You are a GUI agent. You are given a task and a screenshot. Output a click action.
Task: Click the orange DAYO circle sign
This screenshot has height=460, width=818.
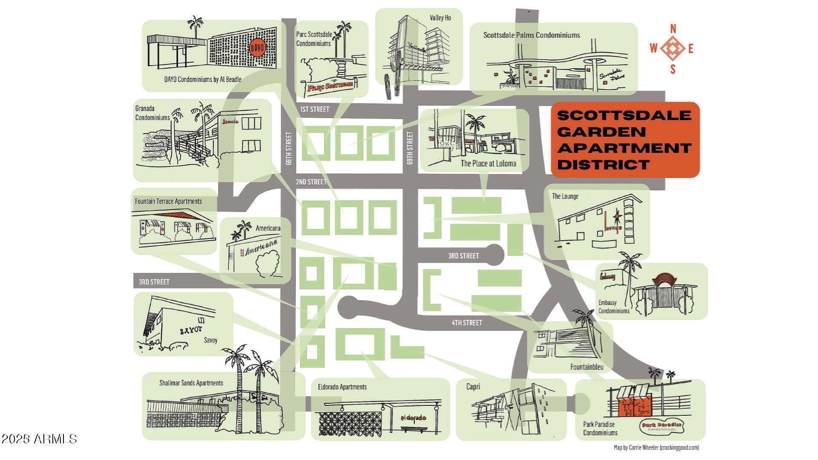[x=257, y=48]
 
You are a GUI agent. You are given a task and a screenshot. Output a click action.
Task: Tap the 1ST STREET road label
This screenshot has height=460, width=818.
[x=314, y=109]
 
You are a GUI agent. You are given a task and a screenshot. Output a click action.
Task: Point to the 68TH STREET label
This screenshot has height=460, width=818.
[x=289, y=148]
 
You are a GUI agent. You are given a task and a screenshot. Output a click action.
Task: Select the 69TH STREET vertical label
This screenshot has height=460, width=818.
[x=410, y=148]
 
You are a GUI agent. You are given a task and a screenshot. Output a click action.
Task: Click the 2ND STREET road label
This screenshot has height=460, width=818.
[x=311, y=182]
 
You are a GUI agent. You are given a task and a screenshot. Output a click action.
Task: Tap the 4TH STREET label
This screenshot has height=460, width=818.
[x=467, y=323]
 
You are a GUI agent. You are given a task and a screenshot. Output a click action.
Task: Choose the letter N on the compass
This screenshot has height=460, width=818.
[x=673, y=29]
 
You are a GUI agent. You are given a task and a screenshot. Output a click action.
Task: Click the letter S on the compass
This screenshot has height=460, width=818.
[x=673, y=69]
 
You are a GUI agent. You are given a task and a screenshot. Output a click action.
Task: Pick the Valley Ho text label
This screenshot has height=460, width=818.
[x=440, y=18]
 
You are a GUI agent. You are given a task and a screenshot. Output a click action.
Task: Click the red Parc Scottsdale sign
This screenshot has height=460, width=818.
[x=331, y=87]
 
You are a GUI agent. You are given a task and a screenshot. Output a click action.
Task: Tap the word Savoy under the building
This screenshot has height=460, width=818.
[x=210, y=340]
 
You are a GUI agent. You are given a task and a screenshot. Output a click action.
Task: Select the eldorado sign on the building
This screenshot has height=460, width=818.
[x=413, y=418]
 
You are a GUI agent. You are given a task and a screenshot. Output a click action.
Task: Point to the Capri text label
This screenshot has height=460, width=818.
[x=473, y=387]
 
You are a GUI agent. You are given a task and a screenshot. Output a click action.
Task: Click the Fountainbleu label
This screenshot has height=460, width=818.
[x=587, y=367]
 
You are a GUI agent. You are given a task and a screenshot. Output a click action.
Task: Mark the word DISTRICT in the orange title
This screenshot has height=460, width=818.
[x=598, y=164]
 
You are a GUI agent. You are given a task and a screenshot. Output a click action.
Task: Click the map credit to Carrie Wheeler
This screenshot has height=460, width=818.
[x=656, y=447]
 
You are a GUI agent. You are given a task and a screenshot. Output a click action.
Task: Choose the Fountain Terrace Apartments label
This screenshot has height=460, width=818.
[x=168, y=201]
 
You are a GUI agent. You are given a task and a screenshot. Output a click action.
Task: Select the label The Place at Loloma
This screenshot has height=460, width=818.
[x=488, y=164]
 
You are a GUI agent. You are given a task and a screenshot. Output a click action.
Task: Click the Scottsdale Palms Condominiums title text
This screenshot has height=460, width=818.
[x=531, y=35]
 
